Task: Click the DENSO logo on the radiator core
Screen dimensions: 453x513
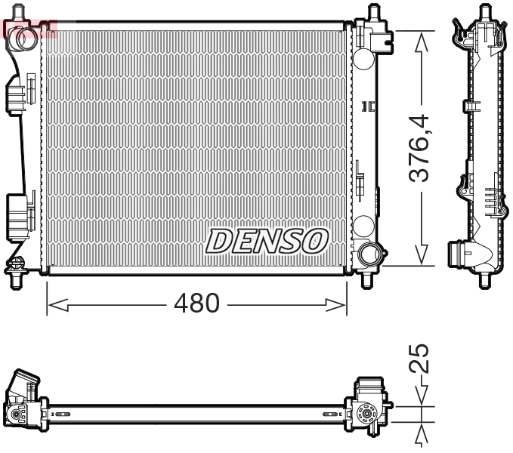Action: (267, 241)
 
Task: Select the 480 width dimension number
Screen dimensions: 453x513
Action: (196, 304)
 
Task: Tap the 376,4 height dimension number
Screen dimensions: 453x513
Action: (420, 148)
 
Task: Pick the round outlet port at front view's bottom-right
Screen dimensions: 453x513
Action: (369, 253)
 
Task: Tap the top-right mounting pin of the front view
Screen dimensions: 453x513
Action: (372, 14)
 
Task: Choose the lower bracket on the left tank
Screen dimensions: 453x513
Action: (19, 213)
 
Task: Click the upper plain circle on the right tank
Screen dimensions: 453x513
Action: (363, 58)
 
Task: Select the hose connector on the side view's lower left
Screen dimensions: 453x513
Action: (459, 252)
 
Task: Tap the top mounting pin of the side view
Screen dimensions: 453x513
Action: (483, 12)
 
